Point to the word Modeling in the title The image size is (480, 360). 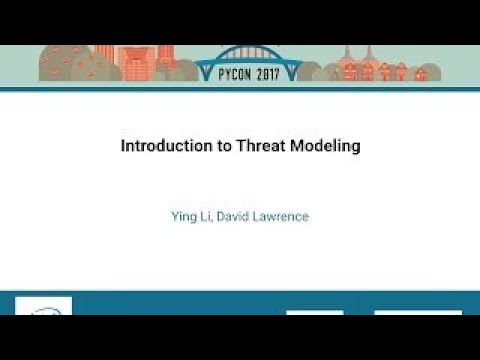coord(326,145)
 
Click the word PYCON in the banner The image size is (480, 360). coord(219,73)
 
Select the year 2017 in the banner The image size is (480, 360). coord(263,73)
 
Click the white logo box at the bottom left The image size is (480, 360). coord(43,306)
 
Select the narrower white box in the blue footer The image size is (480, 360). coord(314,312)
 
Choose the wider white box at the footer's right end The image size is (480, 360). coord(417,312)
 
